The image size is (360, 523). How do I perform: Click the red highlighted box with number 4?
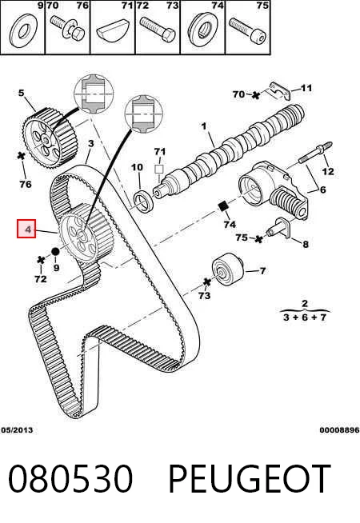(x=26, y=229)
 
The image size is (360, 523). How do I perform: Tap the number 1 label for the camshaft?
(x=204, y=126)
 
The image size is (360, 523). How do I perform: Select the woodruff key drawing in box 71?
(x=113, y=31)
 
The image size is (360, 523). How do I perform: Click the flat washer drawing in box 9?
(x=23, y=31)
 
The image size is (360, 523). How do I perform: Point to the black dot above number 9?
(x=55, y=251)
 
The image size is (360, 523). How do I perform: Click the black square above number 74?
(x=222, y=206)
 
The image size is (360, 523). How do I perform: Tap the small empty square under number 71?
(x=159, y=169)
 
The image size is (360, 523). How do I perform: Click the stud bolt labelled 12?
(x=315, y=152)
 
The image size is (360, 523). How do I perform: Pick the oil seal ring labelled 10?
(x=143, y=202)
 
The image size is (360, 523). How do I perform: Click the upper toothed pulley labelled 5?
(x=50, y=137)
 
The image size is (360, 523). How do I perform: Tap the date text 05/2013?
(x=17, y=430)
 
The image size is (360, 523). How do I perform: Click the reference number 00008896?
(x=339, y=430)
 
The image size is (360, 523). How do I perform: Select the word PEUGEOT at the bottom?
(x=250, y=479)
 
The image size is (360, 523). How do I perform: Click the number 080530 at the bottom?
(x=70, y=479)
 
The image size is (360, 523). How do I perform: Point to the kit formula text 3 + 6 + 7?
(x=304, y=317)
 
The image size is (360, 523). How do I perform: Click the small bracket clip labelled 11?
(x=279, y=90)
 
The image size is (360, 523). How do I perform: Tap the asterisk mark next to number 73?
(x=207, y=282)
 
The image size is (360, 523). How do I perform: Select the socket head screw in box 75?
(x=248, y=30)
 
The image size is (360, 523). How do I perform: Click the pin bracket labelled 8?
(x=278, y=228)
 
